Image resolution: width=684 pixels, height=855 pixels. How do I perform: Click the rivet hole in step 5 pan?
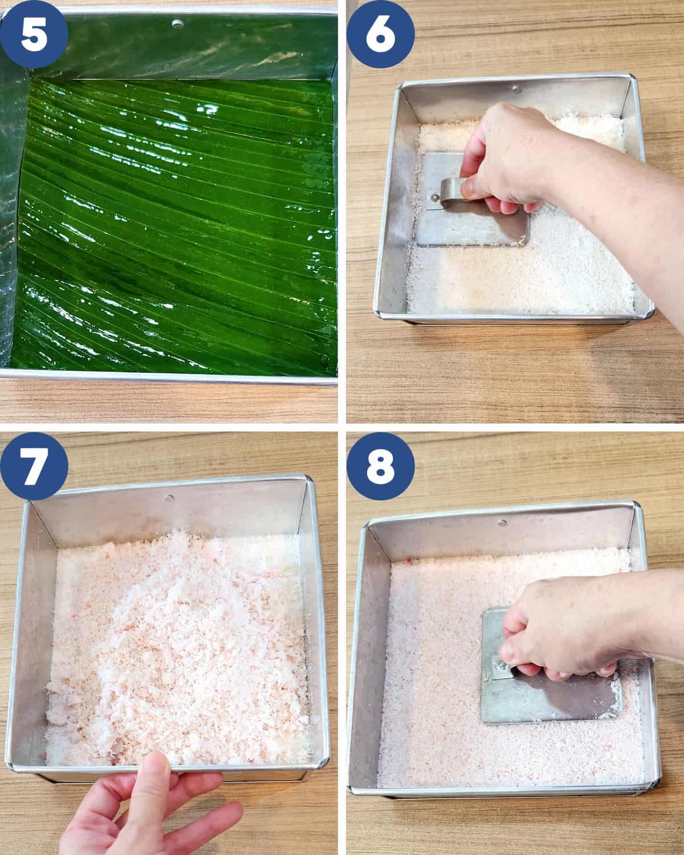click(x=177, y=23)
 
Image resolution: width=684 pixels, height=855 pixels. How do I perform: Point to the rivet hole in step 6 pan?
click(x=516, y=89)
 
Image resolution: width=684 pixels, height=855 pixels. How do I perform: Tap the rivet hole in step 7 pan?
click(x=168, y=498)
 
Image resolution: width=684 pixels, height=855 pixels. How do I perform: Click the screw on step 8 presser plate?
click(x=500, y=665)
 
